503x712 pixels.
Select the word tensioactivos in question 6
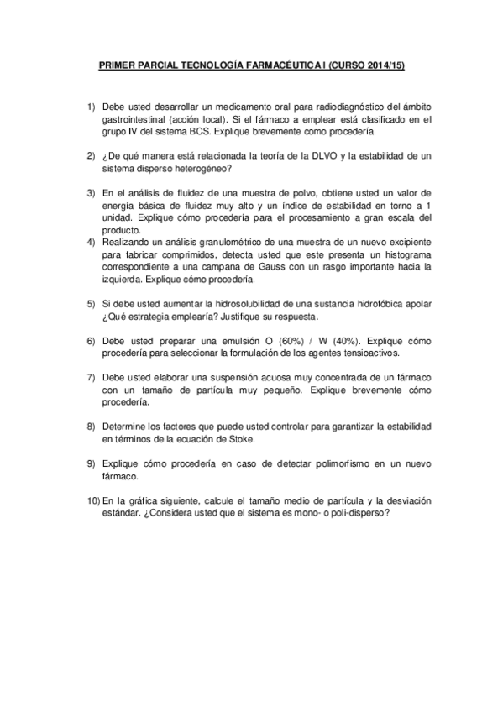359,353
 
